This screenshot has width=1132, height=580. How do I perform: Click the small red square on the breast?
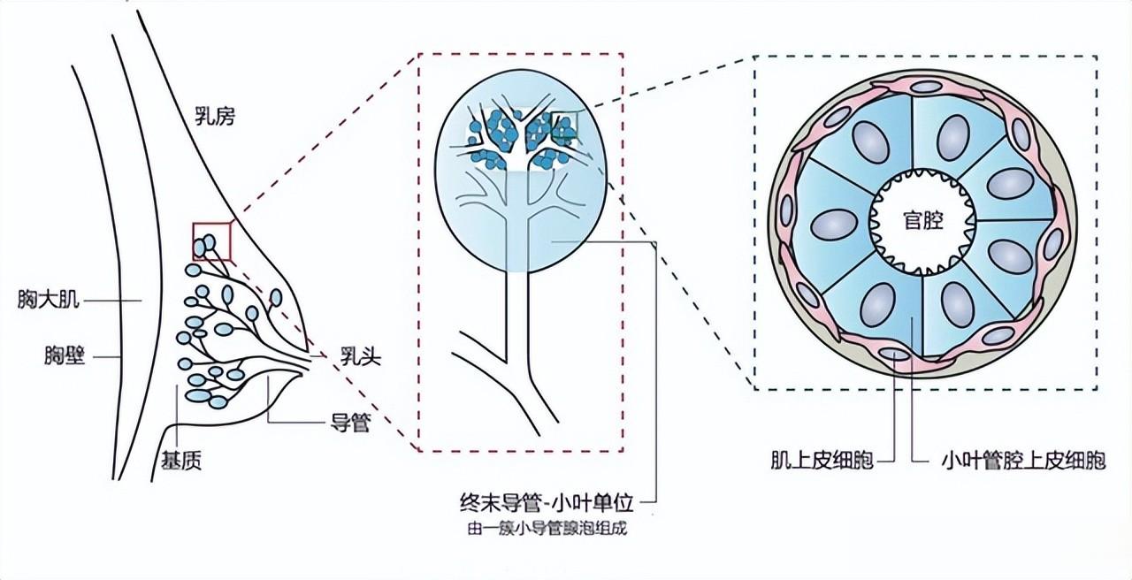pyautogui.click(x=212, y=240)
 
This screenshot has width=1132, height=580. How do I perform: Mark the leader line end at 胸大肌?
pyautogui.click(x=141, y=301)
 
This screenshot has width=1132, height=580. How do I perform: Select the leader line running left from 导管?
pyautogui.click(x=292, y=423)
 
